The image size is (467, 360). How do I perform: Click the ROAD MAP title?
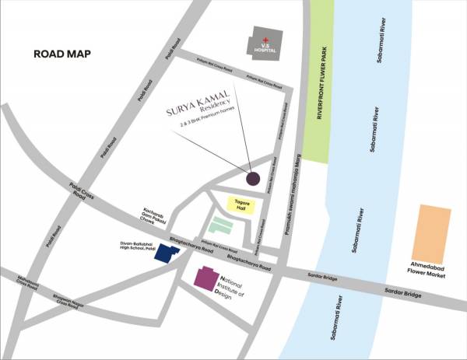click(x=62, y=54)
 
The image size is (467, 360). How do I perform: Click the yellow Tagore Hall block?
click(x=237, y=205)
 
